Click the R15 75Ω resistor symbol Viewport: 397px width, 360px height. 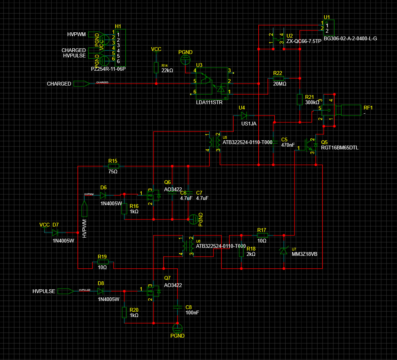(x=114, y=166)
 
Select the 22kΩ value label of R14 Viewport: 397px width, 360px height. (x=167, y=70)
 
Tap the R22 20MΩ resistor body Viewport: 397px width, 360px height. (x=278, y=78)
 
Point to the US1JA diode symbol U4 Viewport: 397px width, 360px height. (x=244, y=116)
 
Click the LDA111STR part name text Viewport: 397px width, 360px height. (x=209, y=102)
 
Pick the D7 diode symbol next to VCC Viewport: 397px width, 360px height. (x=55, y=232)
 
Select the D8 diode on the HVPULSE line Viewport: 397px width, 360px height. (x=100, y=291)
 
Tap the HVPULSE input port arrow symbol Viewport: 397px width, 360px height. (x=65, y=291)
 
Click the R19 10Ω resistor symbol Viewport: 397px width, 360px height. (x=103, y=262)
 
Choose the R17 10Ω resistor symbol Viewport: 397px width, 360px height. (x=263, y=235)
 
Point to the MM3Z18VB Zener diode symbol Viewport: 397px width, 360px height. (x=283, y=251)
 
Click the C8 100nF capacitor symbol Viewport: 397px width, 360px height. (x=177, y=306)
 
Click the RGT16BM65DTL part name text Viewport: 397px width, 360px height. (x=340, y=148)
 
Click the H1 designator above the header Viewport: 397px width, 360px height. (x=118, y=26)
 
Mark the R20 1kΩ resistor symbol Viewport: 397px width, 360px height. (x=124, y=312)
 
